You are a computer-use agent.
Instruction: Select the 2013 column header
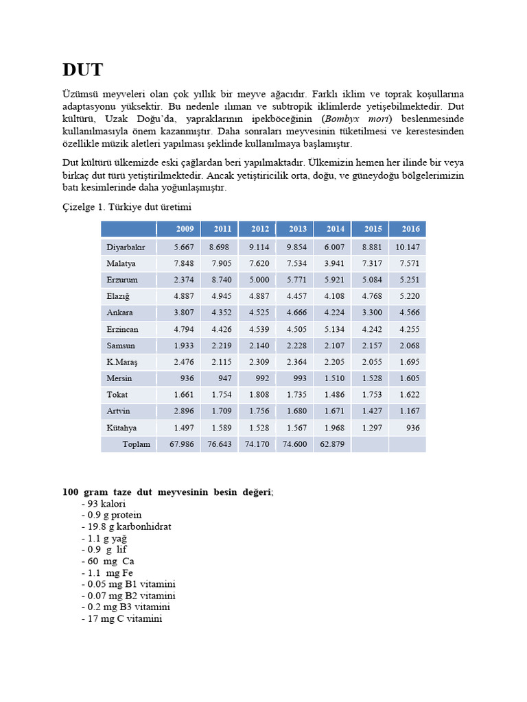[x=297, y=229]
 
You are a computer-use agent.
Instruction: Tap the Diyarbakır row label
[x=126, y=247]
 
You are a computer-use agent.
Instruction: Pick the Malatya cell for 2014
[x=333, y=263]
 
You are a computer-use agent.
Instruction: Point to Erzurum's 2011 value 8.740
[x=222, y=280]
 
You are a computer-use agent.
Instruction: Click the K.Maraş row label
[x=122, y=362]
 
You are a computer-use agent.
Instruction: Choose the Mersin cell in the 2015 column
[x=372, y=378]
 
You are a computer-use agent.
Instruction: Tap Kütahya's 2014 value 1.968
[x=333, y=428]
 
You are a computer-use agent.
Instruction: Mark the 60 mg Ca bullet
[x=110, y=561]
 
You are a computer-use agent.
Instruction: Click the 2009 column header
[x=185, y=229]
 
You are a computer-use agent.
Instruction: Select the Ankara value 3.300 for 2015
[x=372, y=313]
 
